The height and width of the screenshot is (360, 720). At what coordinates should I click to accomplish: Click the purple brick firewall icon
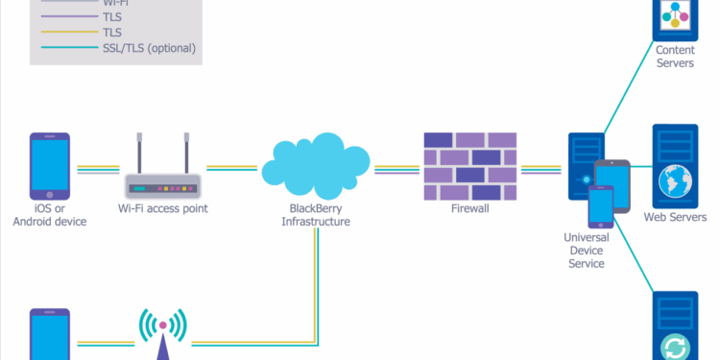coord(470,164)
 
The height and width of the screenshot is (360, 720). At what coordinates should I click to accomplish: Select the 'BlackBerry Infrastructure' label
coord(315,215)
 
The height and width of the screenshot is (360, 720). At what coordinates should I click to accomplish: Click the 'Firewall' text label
coord(470,208)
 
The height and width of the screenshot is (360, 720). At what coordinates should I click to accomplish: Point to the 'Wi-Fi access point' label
coord(162,208)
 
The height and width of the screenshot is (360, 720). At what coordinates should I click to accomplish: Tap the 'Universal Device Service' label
coord(586,249)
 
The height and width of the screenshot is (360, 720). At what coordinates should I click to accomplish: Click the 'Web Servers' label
coord(675,217)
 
